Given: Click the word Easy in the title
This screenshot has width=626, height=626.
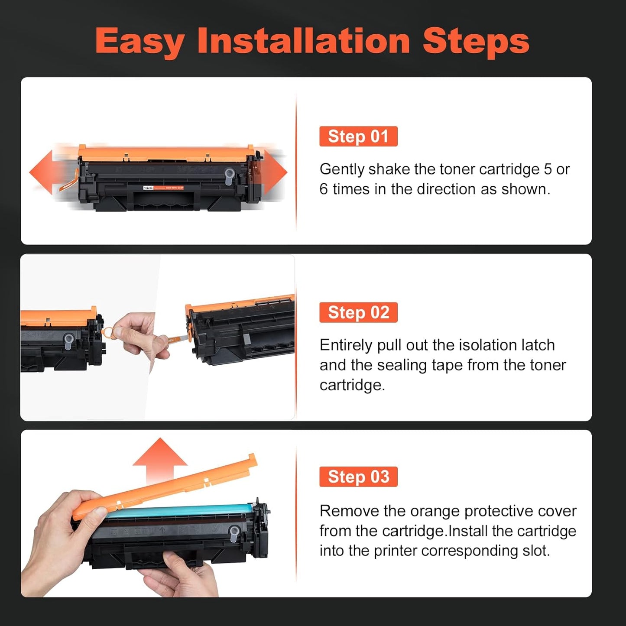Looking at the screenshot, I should tap(139, 41).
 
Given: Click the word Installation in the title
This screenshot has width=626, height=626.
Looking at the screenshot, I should tap(303, 41).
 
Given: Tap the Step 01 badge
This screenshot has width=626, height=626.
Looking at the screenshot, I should tap(358, 136).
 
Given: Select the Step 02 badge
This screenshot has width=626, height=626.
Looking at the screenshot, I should tap(358, 312).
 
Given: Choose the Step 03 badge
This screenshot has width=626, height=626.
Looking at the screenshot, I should tap(358, 477).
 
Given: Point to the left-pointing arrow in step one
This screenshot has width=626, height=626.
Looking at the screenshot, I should tap(42, 172).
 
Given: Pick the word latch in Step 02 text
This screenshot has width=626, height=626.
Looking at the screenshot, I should tap(537, 345).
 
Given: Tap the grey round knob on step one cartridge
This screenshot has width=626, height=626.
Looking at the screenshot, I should tap(229, 174).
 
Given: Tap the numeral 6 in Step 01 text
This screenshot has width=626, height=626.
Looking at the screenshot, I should tap(324, 189).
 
